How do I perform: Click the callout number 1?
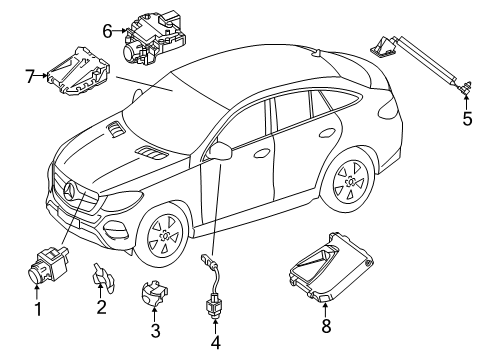(x=38, y=309)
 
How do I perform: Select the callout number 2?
(x=101, y=306)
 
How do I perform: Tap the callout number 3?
(x=155, y=330)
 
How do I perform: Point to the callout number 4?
(x=216, y=342)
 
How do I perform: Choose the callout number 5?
(x=467, y=118)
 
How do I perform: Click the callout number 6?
(x=107, y=31)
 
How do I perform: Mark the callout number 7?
(x=30, y=76)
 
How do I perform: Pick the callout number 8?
(x=326, y=325)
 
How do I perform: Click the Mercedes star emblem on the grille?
(x=71, y=190)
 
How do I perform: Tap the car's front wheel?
(x=164, y=236)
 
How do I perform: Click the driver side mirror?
(x=219, y=151)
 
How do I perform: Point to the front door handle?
(x=261, y=153)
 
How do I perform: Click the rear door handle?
(x=327, y=132)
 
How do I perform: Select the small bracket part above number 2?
(x=103, y=278)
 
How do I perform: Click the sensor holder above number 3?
(x=154, y=293)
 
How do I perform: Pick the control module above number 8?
(x=330, y=267)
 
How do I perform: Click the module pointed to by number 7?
(x=79, y=71)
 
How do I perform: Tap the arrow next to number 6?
(x=120, y=31)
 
